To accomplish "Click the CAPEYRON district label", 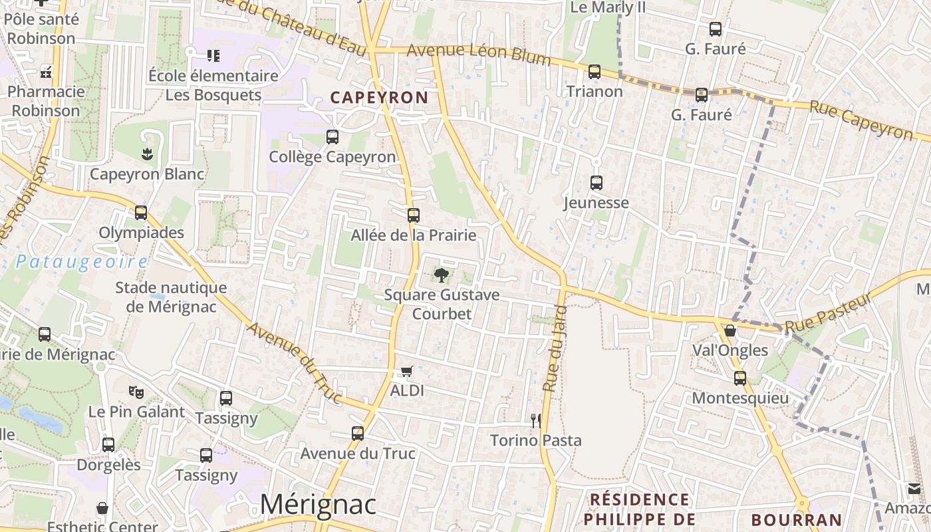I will [x=379, y=98].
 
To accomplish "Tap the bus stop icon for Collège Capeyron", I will [x=332, y=137].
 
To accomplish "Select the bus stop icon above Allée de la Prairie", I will [x=414, y=215].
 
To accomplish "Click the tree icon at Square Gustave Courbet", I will [x=440, y=274].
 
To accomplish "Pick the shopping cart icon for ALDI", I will [x=406, y=371].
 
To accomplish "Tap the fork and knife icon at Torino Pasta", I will [x=535, y=420].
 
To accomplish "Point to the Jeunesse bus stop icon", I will [x=597, y=182].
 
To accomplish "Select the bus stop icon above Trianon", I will [x=595, y=71].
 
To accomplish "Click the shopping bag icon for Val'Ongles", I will [x=730, y=331].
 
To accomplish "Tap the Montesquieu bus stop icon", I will [x=740, y=378].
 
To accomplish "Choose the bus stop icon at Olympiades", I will [x=141, y=213].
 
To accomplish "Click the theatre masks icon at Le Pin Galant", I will [x=136, y=392].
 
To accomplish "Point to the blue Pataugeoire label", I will [x=81, y=261].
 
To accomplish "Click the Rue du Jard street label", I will [x=554, y=348].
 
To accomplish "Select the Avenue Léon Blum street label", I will [x=479, y=54].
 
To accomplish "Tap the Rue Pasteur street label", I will [x=828, y=313].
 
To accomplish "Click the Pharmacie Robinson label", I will [x=46, y=101].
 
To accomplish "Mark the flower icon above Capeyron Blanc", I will [x=146, y=154].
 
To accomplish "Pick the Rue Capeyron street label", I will [x=861, y=120].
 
